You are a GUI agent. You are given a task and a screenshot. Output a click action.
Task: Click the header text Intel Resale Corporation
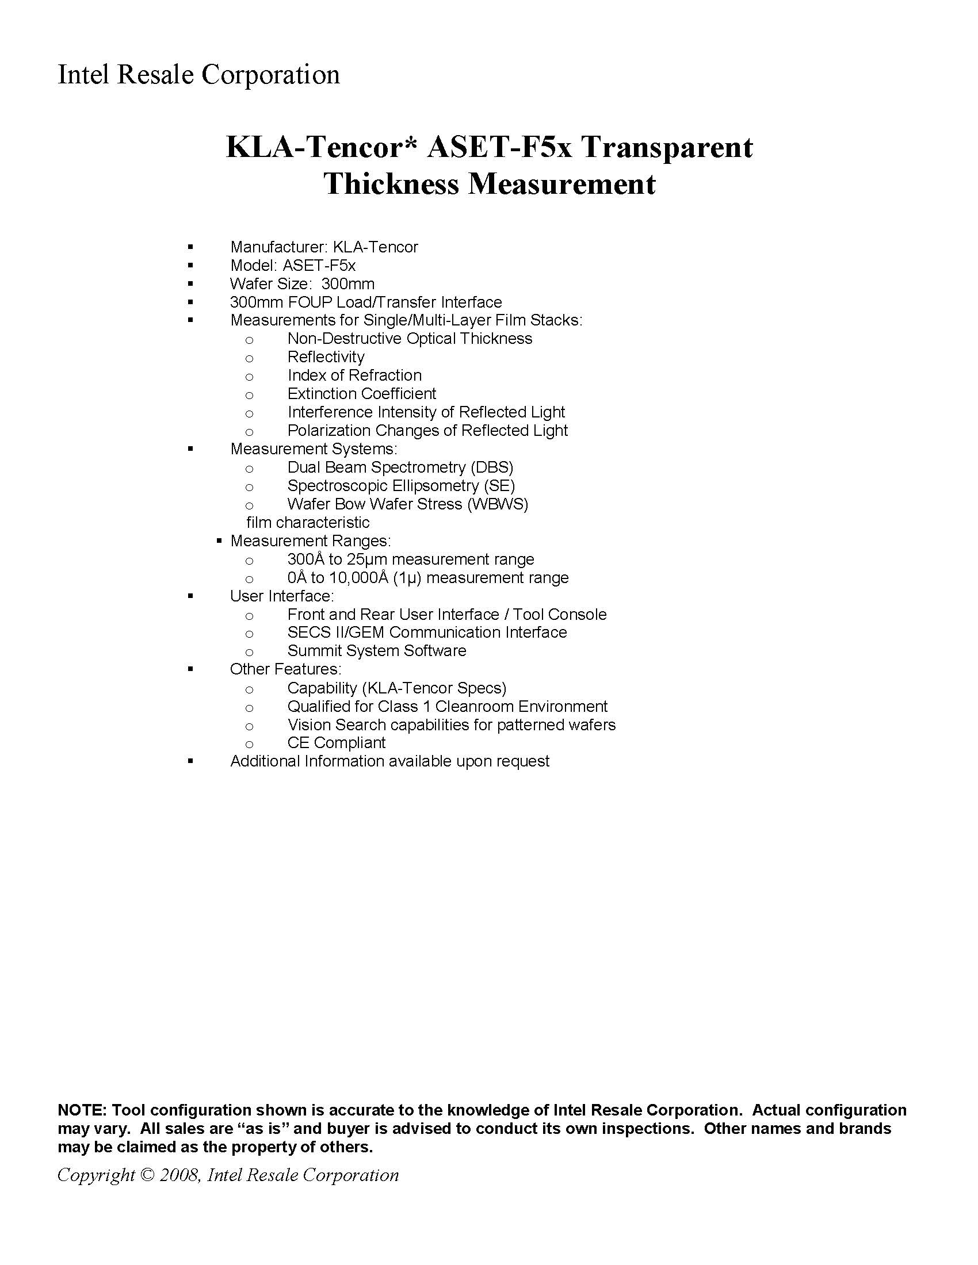(198, 75)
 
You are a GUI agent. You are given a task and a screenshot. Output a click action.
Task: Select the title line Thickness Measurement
(490, 184)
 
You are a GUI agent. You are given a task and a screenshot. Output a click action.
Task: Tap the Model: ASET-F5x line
(293, 266)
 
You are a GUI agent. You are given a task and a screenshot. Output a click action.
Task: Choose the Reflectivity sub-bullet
(326, 358)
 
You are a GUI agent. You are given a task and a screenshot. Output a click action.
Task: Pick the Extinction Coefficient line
(361, 394)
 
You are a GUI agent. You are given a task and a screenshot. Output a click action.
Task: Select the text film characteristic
(308, 523)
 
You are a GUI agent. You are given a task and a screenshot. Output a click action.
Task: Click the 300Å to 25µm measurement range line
(410, 559)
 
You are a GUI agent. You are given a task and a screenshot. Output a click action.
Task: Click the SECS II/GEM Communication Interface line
(427, 632)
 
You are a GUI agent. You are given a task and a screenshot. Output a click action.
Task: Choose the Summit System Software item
(377, 651)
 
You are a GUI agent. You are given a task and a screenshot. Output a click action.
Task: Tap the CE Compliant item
(336, 743)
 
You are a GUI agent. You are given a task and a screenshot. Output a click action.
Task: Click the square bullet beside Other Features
(190, 669)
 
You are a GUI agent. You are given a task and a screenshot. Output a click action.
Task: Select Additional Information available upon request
(389, 762)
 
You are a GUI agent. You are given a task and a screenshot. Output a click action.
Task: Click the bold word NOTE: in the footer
(82, 1110)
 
